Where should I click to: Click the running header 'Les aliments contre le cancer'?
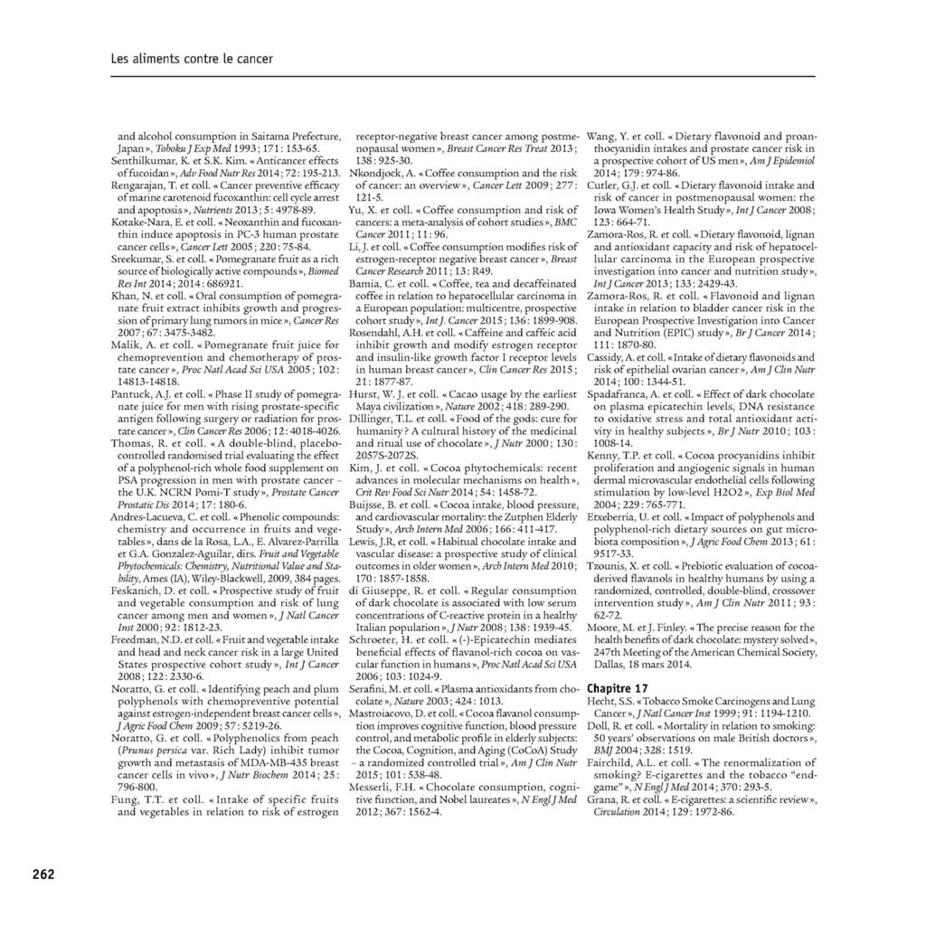192,60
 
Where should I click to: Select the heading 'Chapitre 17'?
617,688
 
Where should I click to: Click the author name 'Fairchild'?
612,762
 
